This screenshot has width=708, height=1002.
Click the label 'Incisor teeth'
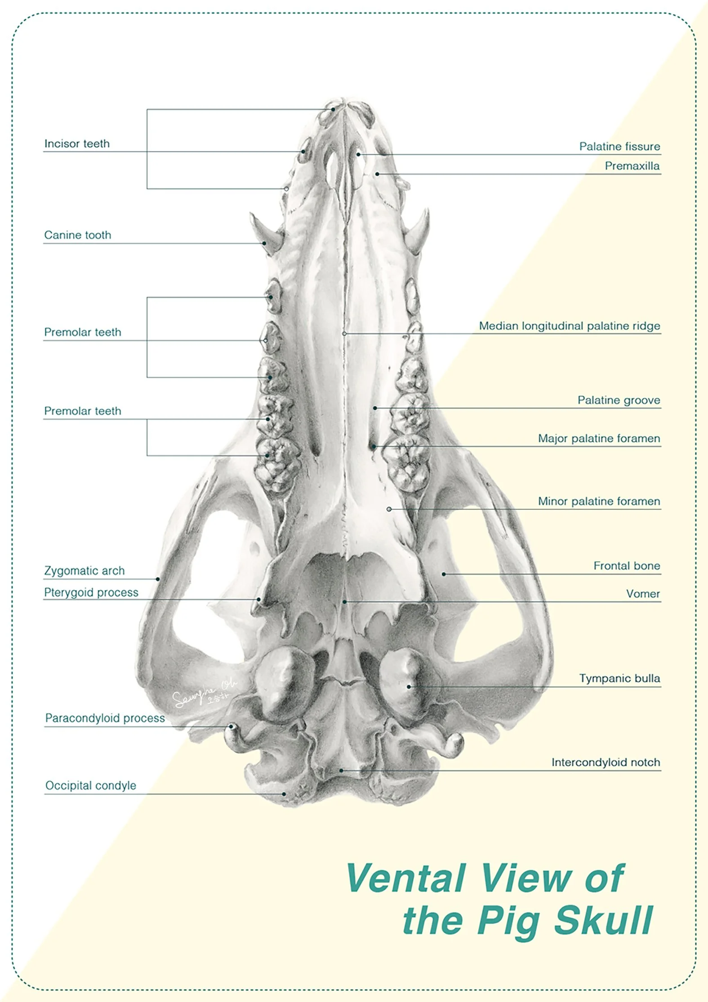pyautogui.click(x=77, y=144)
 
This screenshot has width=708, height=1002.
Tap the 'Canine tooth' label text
pyautogui.click(x=77, y=235)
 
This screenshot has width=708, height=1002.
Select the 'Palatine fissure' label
pyautogui.click(x=619, y=147)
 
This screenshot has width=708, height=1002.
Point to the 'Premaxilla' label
pyautogui.click(x=632, y=166)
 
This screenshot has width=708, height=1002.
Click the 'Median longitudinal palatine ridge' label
pyautogui.click(x=570, y=326)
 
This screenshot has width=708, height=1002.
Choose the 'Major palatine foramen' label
pyautogui.click(x=599, y=438)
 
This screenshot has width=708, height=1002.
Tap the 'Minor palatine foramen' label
pyautogui.click(x=599, y=501)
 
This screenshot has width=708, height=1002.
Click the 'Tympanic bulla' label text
pyautogui.click(x=619, y=679)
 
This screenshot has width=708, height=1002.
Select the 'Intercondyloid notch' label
pyautogui.click(x=606, y=763)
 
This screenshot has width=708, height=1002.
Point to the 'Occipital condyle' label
pyautogui.click(x=91, y=786)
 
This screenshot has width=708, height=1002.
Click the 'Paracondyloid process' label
pyautogui.click(x=105, y=718)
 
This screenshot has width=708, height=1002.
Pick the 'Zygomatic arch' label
pyautogui.click(x=85, y=571)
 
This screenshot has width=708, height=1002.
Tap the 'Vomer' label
pyautogui.click(x=643, y=594)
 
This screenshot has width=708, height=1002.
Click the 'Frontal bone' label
pyautogui.click(x=627, y=566)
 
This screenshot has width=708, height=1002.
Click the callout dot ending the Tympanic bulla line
pyautogui.click(x=409, y=687)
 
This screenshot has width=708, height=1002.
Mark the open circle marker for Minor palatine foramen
pyautogui.click(x=389, y=509)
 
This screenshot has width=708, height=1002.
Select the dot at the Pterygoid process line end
pyautogui.click(x=259, y=599)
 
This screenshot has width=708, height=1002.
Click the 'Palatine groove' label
pyautogui.click(x=619, y=401)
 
